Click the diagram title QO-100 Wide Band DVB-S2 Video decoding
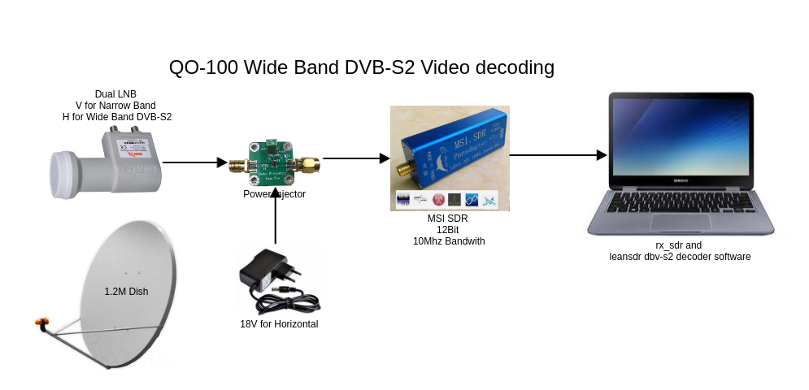(x=361, y=67)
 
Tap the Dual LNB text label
(x=115, y=94)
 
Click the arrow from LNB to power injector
(x=194, y=162)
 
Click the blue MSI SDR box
(x=455, y=154)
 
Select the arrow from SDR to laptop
(x=559, y=155)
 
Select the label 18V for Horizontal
(x=279, y=324)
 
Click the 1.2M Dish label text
(x=126, y=291)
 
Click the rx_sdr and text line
(x=678, y=245)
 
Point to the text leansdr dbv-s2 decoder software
(x=680, y=257)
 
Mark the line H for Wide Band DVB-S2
(x=117, y=117)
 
